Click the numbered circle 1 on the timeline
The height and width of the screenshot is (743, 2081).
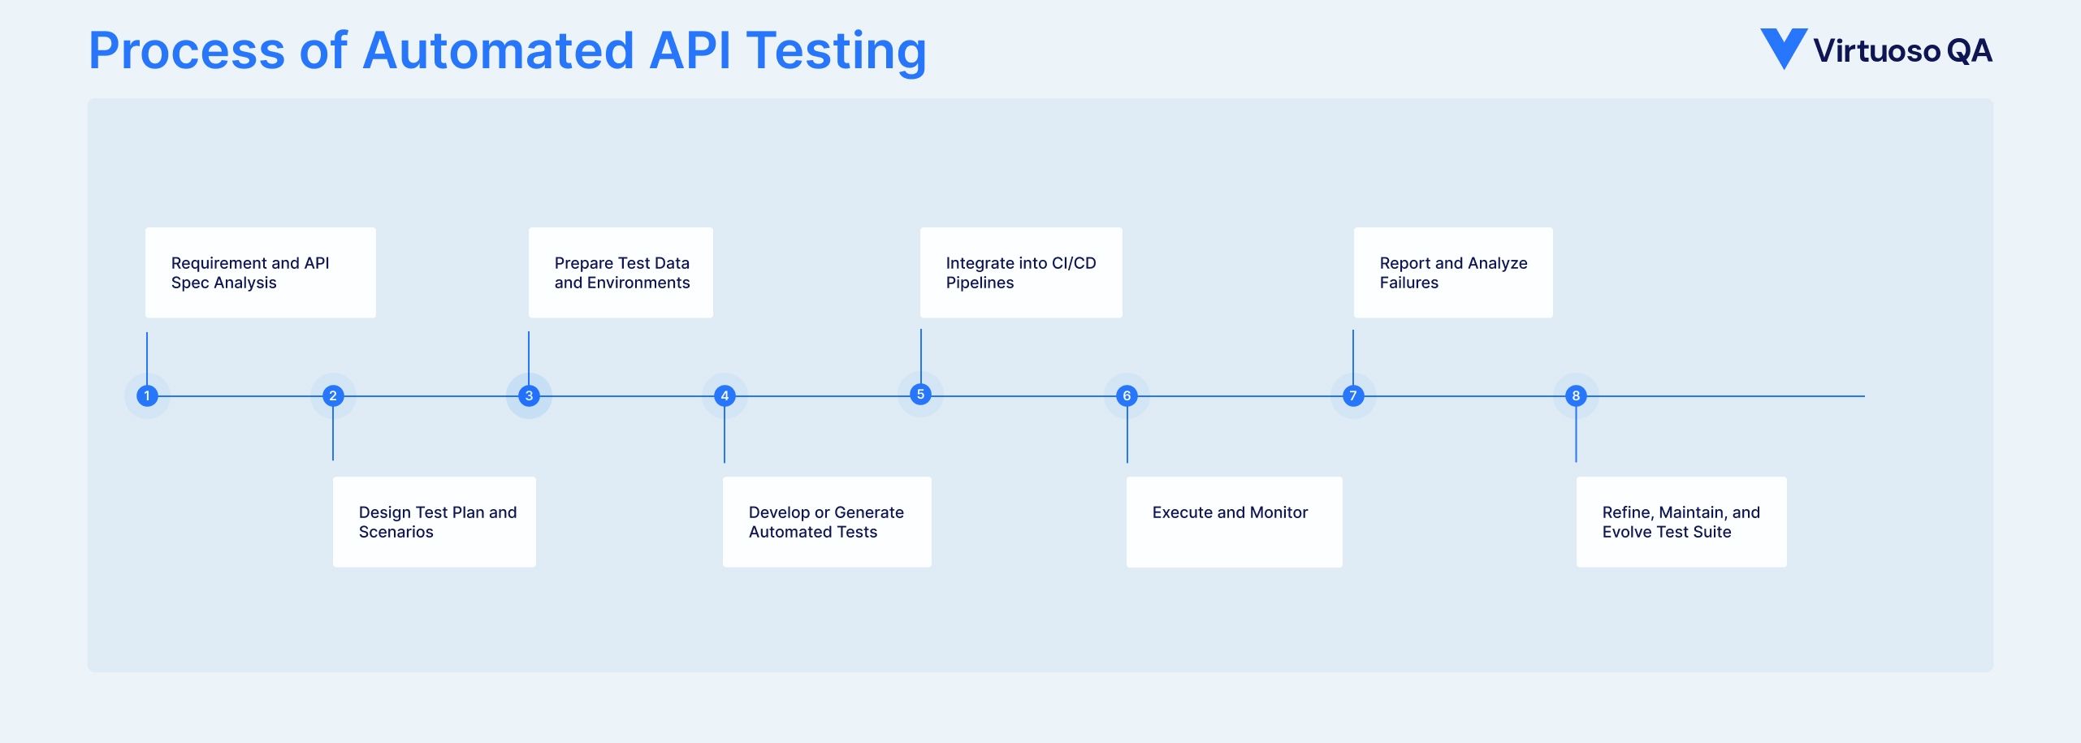[x=147, y=396]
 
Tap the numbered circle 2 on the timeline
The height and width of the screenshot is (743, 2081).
[x=333, y=396]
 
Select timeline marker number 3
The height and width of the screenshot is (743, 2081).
[x=529, y=396]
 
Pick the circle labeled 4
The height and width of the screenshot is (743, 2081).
[x=725, y=396]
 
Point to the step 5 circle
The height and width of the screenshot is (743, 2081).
[x=920, y=395]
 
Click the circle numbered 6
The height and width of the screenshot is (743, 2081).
[x=1127, y=396]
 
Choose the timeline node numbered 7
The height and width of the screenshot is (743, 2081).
[x=1353, y=396]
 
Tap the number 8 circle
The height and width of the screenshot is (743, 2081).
[x=1576, y=396]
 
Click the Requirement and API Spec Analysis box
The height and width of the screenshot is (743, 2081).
[x=260, y=273]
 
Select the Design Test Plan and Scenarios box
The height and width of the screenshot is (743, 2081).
[x=435, y=522]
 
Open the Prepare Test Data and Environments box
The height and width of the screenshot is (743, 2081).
[x=621, y=273]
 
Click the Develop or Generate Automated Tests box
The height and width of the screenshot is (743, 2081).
[x=827, y=522]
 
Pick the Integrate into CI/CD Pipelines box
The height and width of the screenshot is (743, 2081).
[x=1021, y=273]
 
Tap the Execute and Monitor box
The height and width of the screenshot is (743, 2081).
[x=1234, y=522]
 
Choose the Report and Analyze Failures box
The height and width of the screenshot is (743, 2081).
[x=1453, y=273]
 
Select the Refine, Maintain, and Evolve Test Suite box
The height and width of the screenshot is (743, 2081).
[x=1681, y=522]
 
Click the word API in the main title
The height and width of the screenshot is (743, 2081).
[x=690, y=51]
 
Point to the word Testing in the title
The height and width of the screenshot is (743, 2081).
[x=837, y=51]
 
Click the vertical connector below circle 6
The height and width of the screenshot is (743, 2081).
[x=1127, y=438]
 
